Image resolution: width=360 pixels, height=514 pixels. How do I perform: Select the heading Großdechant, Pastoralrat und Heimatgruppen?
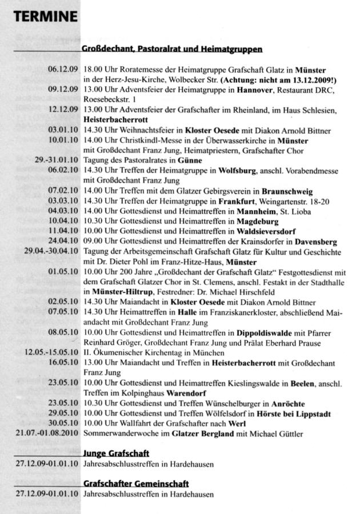pos(172,49)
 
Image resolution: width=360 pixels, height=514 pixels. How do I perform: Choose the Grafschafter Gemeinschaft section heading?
pos(135,484)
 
